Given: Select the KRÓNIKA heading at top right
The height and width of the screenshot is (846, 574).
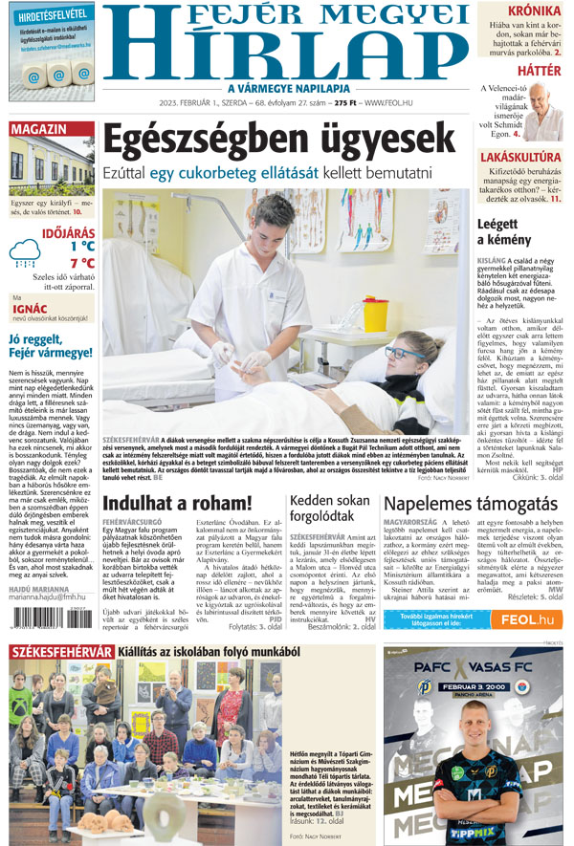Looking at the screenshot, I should [533, 11].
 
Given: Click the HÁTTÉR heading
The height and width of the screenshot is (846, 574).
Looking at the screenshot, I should [538, 70].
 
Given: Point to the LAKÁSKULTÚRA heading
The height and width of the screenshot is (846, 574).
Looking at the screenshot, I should [519, 155].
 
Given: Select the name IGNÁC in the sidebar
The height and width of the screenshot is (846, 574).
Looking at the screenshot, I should [28, 310].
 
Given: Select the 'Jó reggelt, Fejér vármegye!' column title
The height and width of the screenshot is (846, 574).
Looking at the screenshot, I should [50, 346].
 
